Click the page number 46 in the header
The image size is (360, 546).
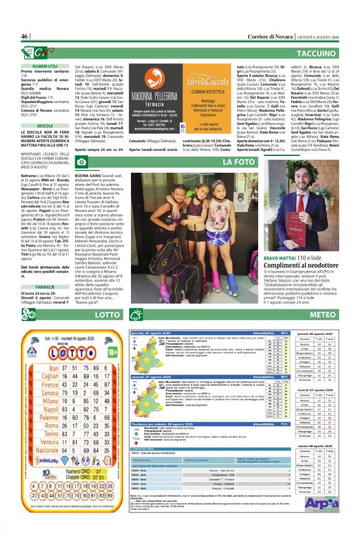25,37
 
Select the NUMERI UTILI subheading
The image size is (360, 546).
45,65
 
